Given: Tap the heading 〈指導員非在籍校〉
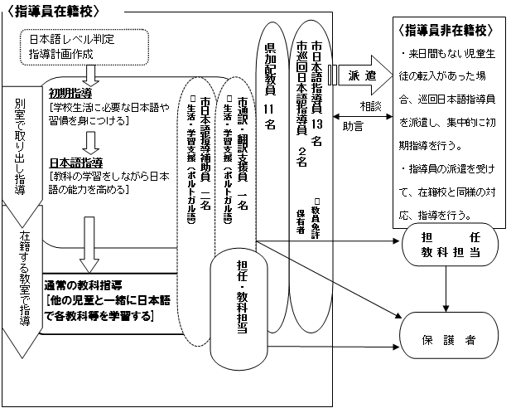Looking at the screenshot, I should [447, 31].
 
